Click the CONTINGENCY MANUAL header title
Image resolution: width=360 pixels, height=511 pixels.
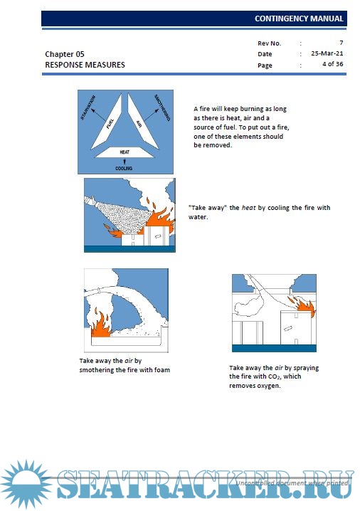click(x=299, y=19)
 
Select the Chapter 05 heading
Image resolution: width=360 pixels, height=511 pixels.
click(x=65, y=54)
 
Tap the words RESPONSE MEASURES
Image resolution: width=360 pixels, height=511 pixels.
click(x=85, y=65)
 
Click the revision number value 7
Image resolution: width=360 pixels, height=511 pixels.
click(x=341, y=43)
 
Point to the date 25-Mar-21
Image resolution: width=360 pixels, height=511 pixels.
click(x=327, y=53)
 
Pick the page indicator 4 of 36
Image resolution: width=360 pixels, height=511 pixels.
click(x=333, y=64)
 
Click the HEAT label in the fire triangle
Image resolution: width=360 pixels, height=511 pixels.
click(x=125, y=152)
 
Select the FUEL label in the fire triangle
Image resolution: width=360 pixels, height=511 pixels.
click(x=110, y=124)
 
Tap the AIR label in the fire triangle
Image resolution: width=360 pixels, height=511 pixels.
click(x=139, y=124)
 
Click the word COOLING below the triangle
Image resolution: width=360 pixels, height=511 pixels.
click(x=124, y=169)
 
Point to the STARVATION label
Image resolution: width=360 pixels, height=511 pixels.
click(x=88, y=107)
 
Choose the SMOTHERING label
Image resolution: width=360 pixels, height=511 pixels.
click(x=162, y=107)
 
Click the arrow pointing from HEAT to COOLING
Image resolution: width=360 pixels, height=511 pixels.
click(x=125, y=162)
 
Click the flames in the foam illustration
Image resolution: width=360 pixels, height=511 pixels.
click(x=100, y=325)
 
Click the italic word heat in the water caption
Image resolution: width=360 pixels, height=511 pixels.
click(x=248, y=208)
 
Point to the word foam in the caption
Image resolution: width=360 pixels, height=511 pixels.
click(x=162, y=370)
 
